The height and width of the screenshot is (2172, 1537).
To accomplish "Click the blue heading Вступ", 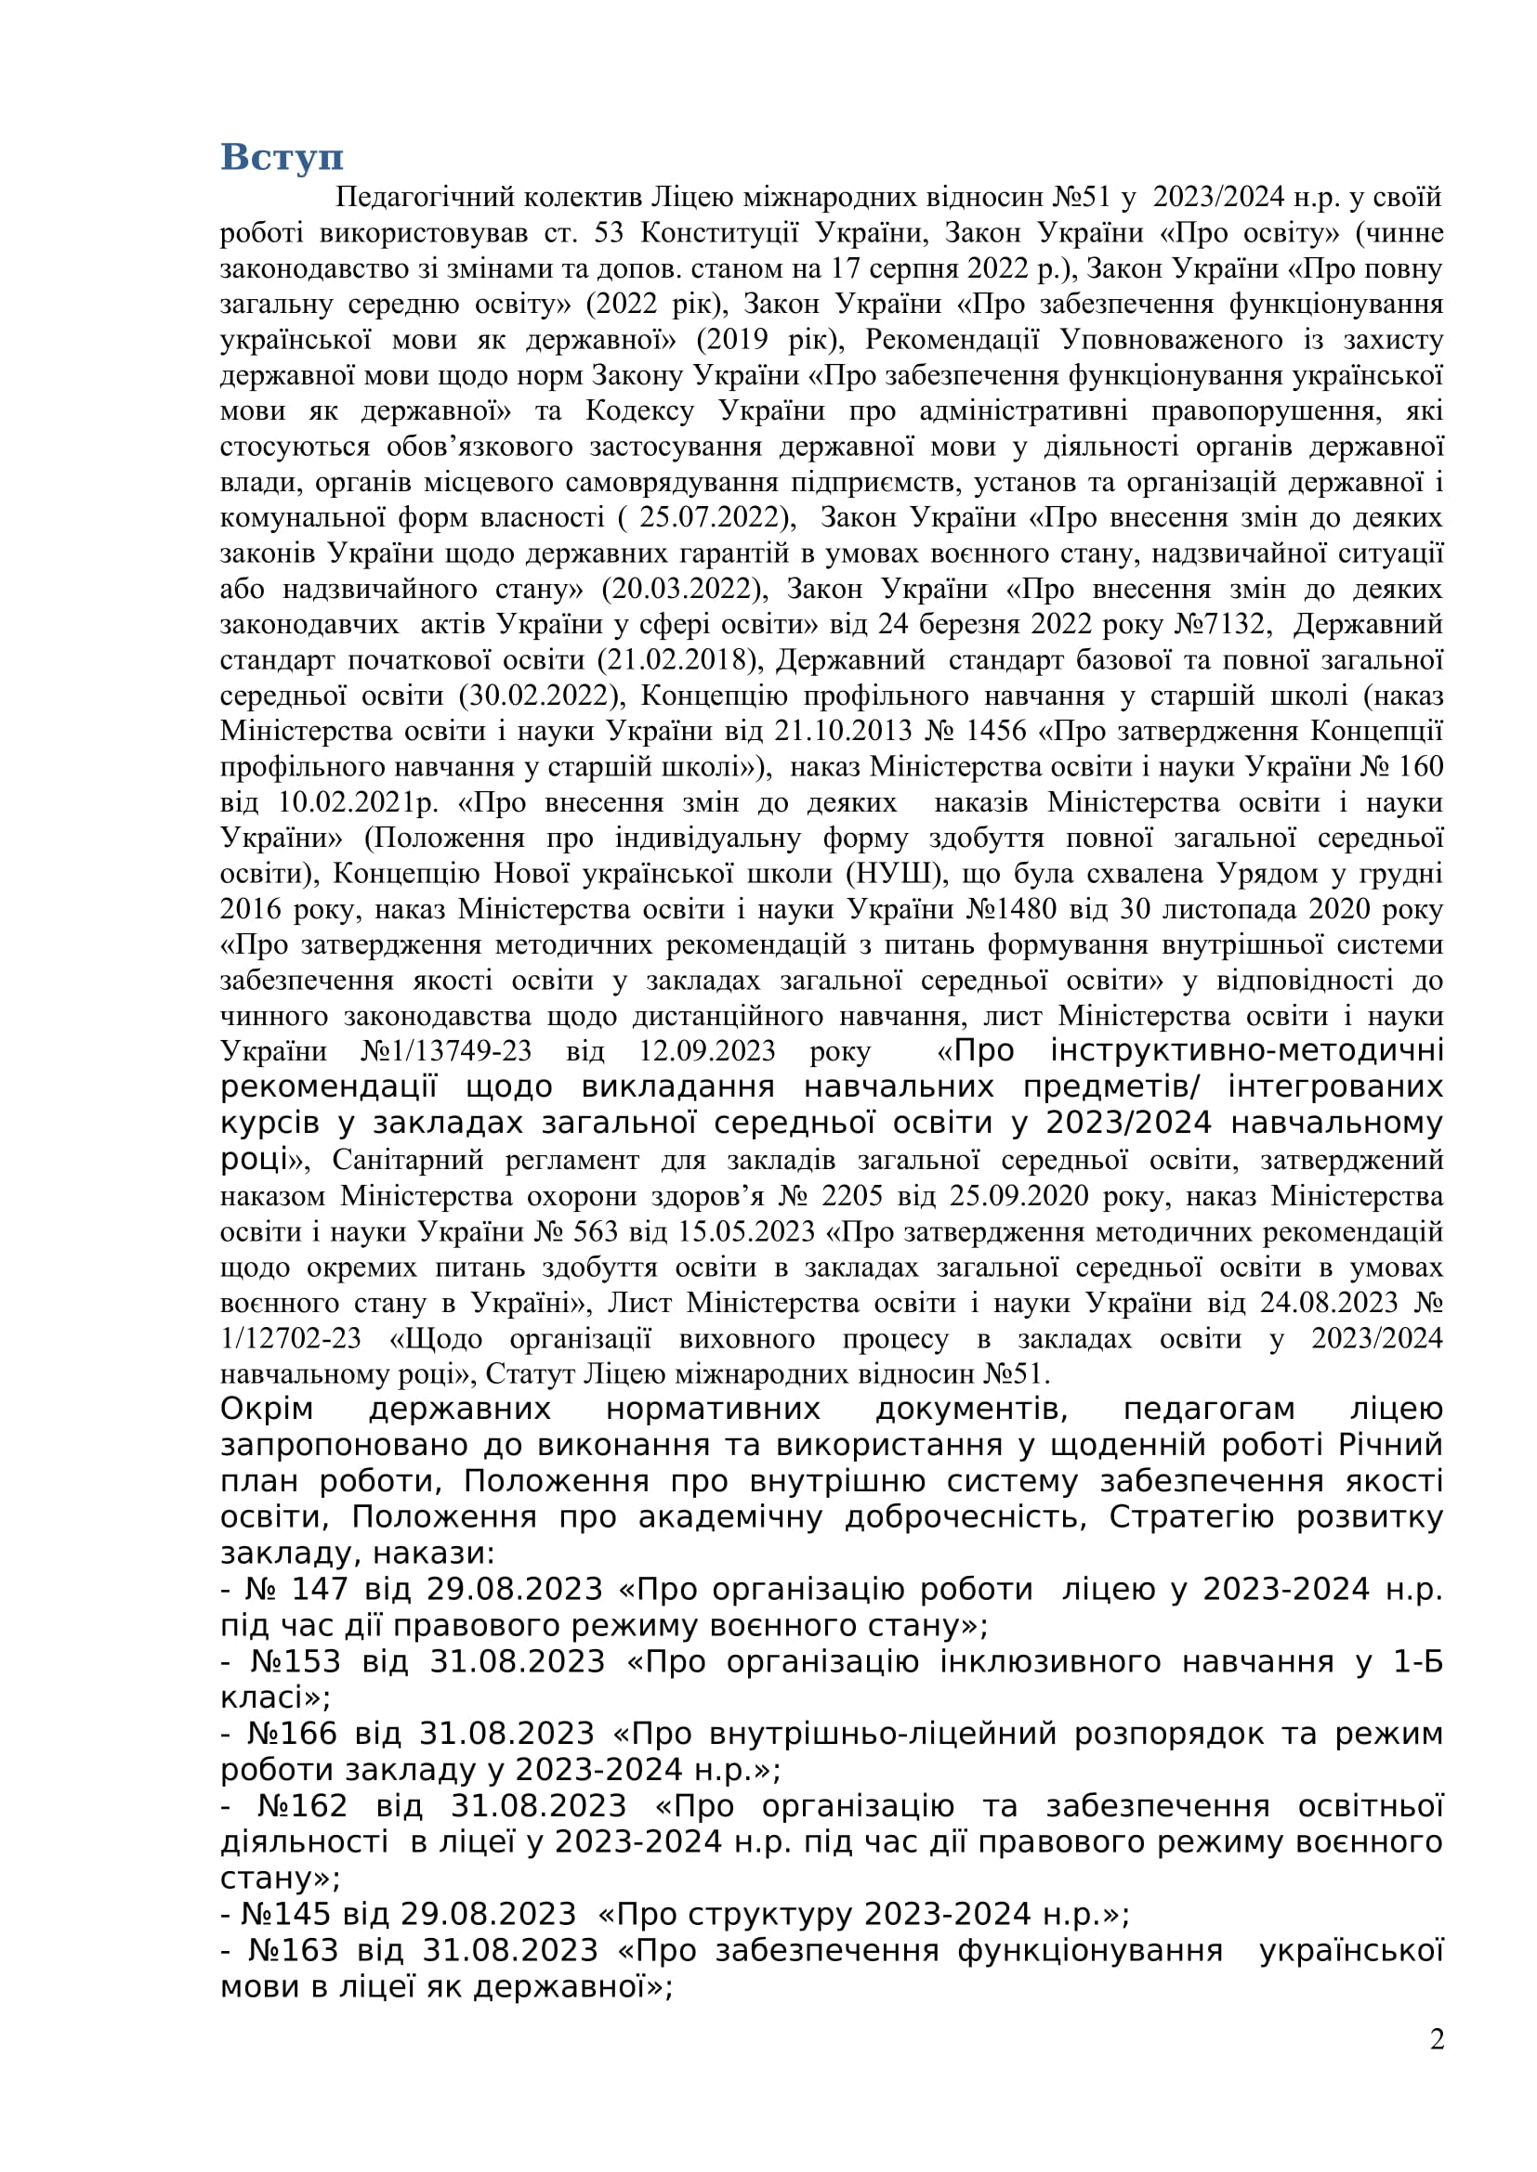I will pyautogui.click(x=281, y=157).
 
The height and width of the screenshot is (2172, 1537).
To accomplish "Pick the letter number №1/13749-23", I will pyautogui.click(x=447, y=1051).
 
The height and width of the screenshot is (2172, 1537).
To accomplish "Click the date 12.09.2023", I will pyautogui.click(x=707, y=1051).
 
